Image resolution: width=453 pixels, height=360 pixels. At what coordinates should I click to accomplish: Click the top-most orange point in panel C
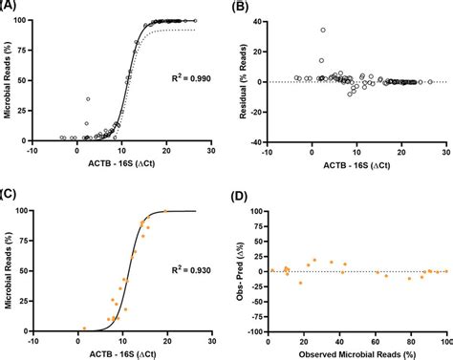coord(165,211)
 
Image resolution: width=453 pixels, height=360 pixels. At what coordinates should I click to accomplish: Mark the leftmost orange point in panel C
coord(83,326)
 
